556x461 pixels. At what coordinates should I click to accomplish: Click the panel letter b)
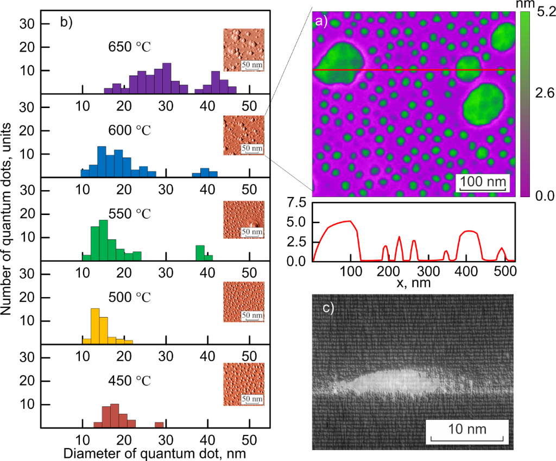click(66, 22)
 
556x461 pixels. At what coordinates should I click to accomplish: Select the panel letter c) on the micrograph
click(330, 308)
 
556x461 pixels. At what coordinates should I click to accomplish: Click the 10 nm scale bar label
click(467, 429)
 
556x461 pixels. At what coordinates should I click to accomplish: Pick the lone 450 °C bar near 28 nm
click(159, 425)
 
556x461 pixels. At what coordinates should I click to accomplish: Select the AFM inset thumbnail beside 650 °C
click(244, 50)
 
